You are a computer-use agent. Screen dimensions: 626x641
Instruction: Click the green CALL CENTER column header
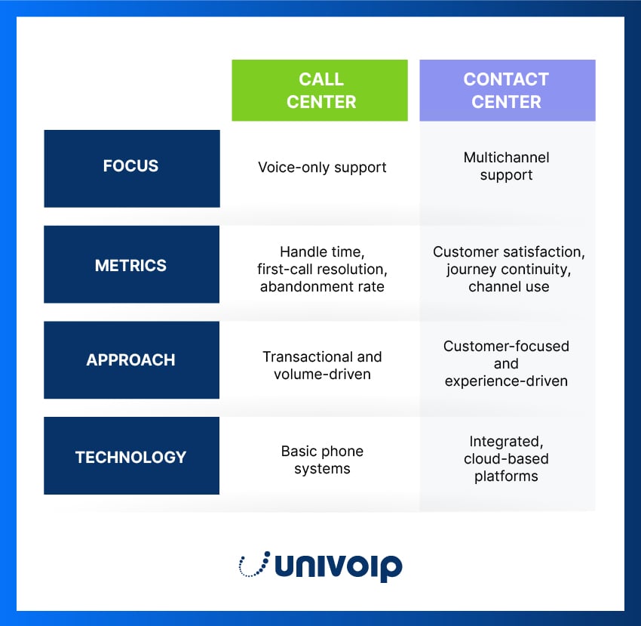click(320, 91)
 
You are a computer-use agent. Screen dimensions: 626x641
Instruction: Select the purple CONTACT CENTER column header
click(507, 91)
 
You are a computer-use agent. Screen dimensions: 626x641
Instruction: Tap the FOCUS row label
click(131, 166)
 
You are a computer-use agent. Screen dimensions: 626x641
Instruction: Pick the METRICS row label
click(131, 265)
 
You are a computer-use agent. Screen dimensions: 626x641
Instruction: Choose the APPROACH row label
click(131, 360)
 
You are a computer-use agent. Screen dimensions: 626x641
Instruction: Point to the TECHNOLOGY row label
click(131, 457)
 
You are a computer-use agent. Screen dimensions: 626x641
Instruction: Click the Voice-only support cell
click(322, 167)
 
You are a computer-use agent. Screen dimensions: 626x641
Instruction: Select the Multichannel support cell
click(507, 166)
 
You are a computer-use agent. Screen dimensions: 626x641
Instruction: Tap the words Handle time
click(322, 252)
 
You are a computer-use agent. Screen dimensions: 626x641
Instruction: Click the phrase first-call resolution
click(322, 270)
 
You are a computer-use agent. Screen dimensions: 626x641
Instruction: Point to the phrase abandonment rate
click(322, 287)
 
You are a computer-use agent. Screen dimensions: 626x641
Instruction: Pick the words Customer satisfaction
click(508, 252)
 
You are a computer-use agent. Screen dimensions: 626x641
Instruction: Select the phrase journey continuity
click(508, 270)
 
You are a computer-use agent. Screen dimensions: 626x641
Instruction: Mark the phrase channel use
click(508, 287)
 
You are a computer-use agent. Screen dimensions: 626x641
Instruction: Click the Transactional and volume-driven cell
click(322, 365)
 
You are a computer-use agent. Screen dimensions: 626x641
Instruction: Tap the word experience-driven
click(506, 381)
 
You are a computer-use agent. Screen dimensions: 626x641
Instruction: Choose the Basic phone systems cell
click(322, 460)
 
